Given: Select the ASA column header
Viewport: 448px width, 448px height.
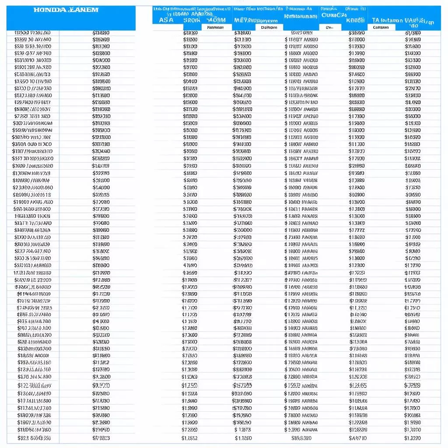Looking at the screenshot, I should click(166, 20).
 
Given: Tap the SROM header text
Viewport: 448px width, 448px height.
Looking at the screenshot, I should click(192, 20).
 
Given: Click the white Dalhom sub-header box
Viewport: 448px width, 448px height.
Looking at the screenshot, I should click(269, 27).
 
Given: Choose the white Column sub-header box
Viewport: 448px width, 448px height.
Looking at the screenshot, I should click(381, 27).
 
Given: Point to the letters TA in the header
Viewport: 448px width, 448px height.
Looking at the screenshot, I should click(376, 20).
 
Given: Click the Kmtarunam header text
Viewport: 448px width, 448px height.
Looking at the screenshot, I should click(301, 16).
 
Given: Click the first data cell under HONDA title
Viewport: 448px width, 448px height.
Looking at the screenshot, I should click(32, 33).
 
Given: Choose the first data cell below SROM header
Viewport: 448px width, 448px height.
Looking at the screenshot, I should click(190, 33).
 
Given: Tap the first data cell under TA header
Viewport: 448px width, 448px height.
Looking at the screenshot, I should click(357, 33).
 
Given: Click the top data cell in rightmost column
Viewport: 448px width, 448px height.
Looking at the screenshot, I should click(413, 33).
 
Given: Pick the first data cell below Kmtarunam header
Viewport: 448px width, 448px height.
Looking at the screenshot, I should click(301, 33).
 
